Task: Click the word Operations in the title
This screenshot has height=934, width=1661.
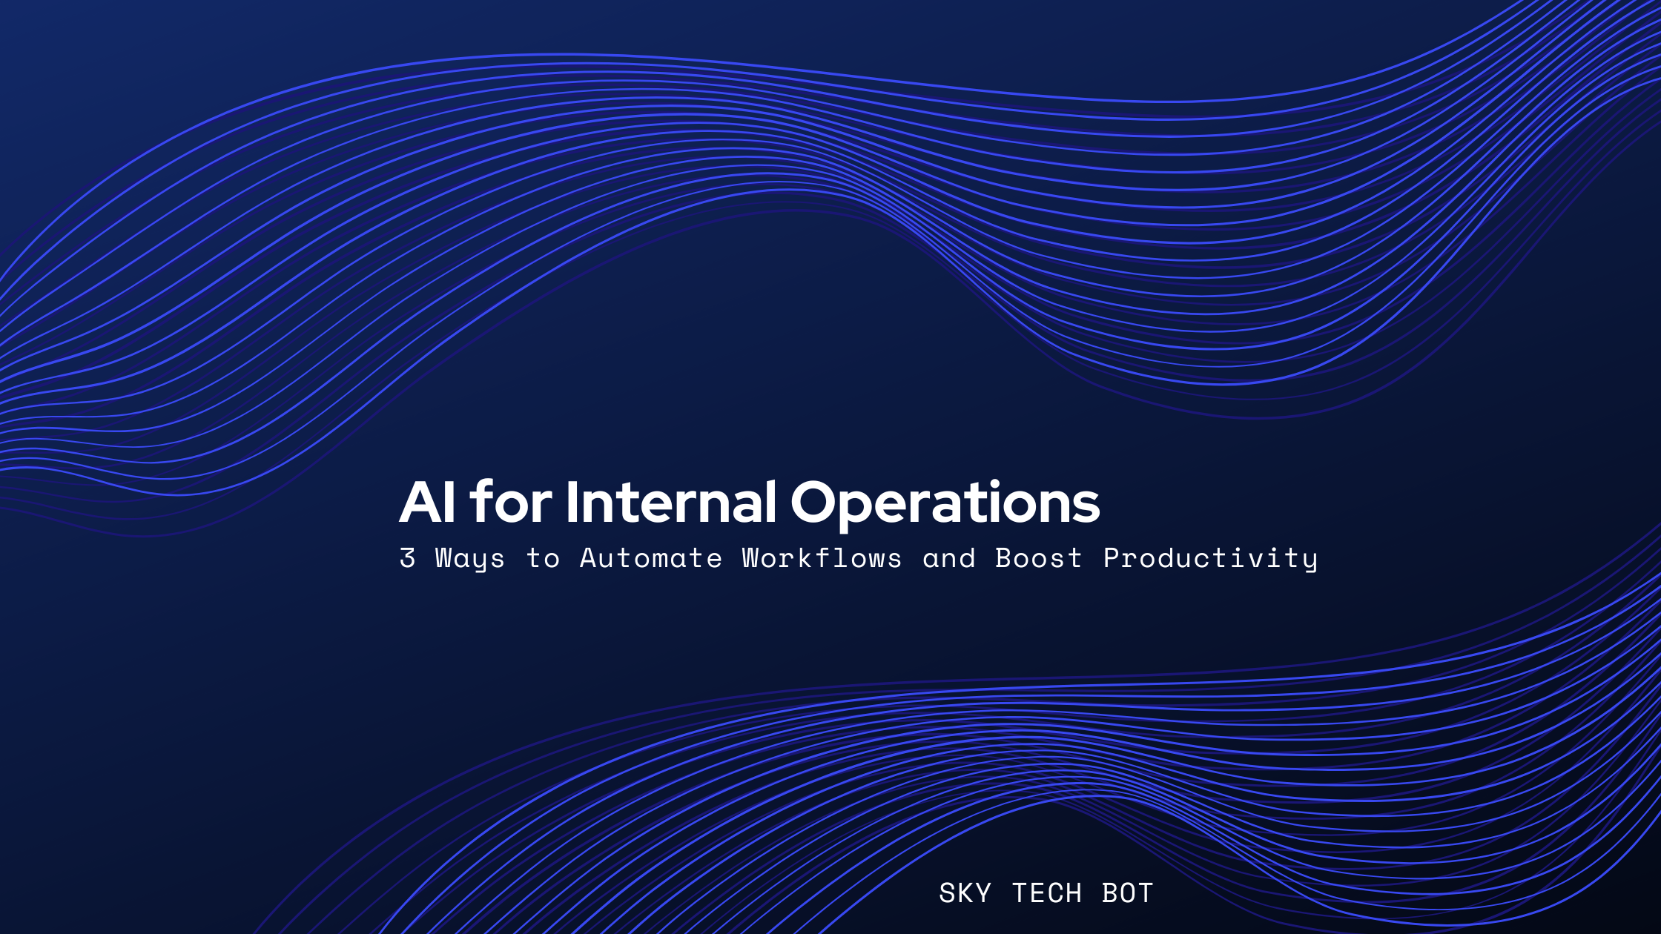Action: [945, 504]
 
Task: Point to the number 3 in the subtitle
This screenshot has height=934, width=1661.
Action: [407, 557]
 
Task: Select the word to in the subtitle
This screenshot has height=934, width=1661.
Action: [543, 558]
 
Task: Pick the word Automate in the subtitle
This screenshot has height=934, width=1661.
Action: [650, 557]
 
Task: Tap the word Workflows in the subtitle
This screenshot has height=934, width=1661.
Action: [822, 557]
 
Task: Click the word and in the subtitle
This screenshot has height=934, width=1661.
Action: [948, 557]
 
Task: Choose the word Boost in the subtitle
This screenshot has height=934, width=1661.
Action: [1038, 557]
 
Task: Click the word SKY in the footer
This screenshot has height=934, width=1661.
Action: [965, 893]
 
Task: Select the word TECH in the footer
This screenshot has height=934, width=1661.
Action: [1046, 893]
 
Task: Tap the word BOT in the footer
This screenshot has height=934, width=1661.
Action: [1127, 893]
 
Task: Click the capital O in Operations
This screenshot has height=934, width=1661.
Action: [816, 502]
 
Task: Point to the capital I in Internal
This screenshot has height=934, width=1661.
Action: [572, 502]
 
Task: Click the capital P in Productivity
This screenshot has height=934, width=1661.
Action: [1112, 557]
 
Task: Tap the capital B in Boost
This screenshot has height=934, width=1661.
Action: [1003, 557]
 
